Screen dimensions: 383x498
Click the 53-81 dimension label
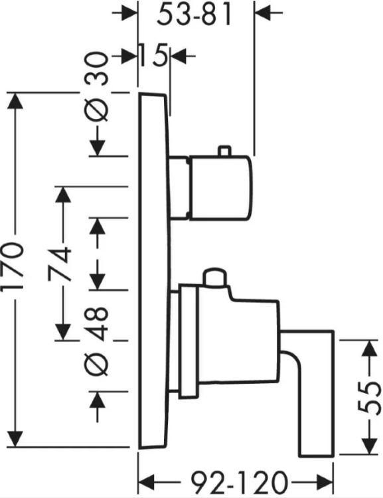click(x=194, y=15)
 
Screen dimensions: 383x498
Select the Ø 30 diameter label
click(x=98, y=87)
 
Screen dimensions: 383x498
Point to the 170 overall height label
click(x=12, y=266)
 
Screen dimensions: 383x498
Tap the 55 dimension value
click(x=368, y=398)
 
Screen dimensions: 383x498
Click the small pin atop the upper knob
click(x=224, y=151)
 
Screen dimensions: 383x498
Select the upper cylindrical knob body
click(x=221, y=188)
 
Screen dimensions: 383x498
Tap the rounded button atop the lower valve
click(x=215, y=278)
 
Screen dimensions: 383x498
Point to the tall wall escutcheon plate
click(x=154, y=271)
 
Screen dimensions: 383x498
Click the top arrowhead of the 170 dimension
click(x=15, y=101)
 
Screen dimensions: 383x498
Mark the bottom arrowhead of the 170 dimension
click(x=15, y=439)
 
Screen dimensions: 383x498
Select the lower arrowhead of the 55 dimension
click(x=368, y=446)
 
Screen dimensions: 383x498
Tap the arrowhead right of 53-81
click(x=263, y=13)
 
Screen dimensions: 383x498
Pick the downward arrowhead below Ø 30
click(x=97, y=148)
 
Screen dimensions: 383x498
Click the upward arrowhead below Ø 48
click(x=97, y=400)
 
